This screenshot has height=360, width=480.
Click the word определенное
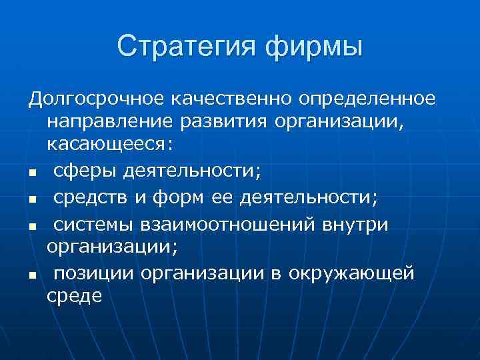368,100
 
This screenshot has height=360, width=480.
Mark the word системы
89,225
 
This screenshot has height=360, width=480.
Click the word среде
75,295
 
